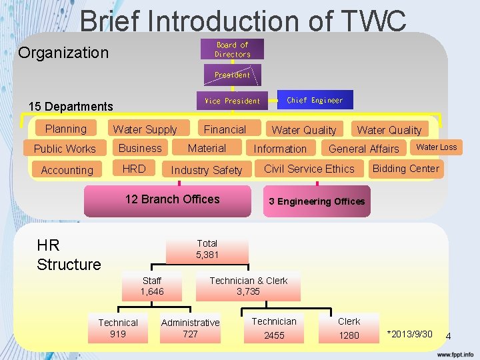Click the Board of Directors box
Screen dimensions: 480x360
(232, 49)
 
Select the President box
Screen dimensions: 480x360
(232, 75)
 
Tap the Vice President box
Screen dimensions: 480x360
(232, 101)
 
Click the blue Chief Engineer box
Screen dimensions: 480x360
(315, 100)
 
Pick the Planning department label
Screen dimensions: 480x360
(66, 129)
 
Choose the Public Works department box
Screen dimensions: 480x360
(65, 149)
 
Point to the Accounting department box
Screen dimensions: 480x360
(67, 170)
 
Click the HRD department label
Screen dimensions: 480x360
(134, 169)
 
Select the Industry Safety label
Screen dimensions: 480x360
(207, 170)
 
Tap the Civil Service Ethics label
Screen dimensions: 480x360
(309, 169)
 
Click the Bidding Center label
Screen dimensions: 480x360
(406, 169)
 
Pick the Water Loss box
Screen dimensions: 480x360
(437, 147)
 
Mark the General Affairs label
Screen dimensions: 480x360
(364, 149)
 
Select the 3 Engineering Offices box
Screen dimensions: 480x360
(317, 201)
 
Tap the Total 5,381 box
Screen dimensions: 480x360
(207, 249)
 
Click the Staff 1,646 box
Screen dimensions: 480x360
(152, 286)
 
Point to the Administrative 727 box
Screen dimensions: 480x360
(191, 329)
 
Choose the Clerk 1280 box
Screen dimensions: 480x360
(349, 329)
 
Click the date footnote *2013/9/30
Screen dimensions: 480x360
(410, 334)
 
